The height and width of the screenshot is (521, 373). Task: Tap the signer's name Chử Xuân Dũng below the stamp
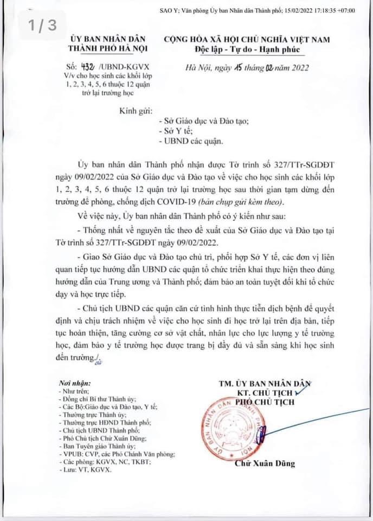tap(265, 463)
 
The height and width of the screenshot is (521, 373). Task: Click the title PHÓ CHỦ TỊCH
tap(265, 402)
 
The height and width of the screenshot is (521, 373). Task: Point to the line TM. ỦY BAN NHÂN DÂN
tap(265, 383)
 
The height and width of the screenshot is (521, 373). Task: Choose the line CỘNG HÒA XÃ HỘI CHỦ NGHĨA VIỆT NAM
tap(254, 40)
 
